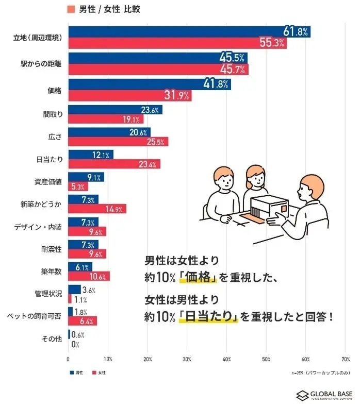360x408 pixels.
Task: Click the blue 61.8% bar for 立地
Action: (189, 32)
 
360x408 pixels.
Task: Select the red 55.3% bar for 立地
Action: (177, 44)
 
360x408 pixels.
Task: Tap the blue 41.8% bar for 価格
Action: (149, 84)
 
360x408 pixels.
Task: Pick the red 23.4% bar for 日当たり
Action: (114, 164)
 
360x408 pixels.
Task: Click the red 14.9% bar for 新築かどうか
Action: (97, 209)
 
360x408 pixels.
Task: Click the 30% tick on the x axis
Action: (187, 359)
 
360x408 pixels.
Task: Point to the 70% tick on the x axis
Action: (346, 359)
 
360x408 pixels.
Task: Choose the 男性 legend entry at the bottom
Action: (76, 372)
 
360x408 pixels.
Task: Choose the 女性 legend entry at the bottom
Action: (101, 372)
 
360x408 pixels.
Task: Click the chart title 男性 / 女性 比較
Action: (103, 9)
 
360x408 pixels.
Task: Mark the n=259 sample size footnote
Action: (320, 372)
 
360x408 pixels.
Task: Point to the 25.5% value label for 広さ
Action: (157, 142)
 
